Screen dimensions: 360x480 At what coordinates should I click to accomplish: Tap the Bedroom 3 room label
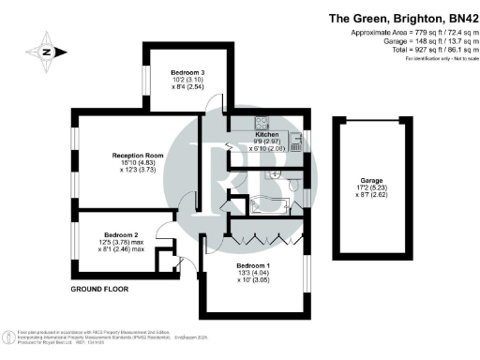tap(187, 72)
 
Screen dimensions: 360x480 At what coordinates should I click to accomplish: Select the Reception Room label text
tap(138, 155)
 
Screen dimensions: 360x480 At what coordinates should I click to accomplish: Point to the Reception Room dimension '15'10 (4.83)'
tap(139, 163)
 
